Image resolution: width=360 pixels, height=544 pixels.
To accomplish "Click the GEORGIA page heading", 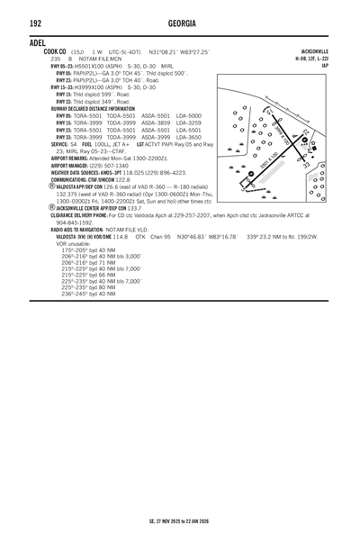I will [179, 23].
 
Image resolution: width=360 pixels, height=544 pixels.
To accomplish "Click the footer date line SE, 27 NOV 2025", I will [179, 521].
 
